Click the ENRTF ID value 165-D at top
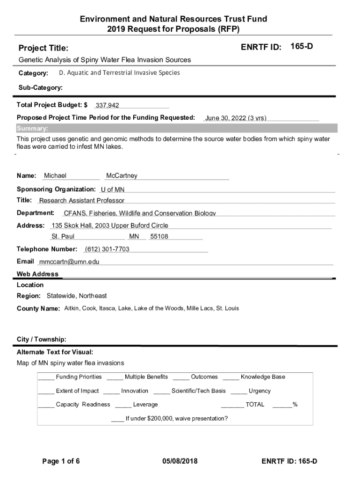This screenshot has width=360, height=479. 302,47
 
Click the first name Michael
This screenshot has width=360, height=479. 55,176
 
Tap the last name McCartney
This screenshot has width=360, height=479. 122,176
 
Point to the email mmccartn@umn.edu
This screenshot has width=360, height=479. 69,262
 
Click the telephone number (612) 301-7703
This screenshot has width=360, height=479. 107,249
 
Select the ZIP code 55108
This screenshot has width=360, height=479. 159,237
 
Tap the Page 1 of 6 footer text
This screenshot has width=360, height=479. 61,461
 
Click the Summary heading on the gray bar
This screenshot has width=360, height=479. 32,129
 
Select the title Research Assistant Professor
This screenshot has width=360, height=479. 82,201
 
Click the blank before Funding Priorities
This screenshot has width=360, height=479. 46,377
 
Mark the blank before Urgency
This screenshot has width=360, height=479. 238,392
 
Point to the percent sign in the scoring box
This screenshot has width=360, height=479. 295,405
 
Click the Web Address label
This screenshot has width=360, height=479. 37,274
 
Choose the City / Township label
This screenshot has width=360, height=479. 41,339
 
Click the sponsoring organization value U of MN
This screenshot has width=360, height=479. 113,189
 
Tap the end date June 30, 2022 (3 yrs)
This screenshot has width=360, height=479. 236,118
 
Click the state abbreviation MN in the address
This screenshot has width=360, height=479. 134,237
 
